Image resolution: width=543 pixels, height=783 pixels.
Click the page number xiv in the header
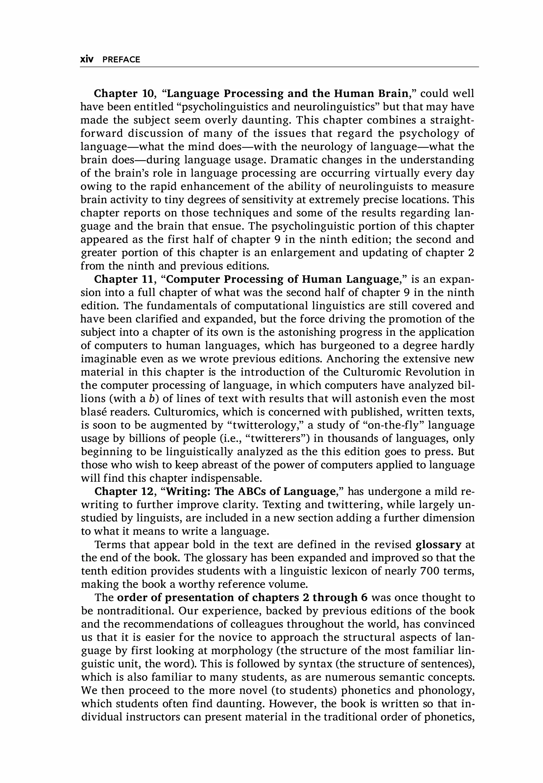click(87, 60)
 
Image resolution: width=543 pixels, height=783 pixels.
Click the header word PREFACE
click(121, 60)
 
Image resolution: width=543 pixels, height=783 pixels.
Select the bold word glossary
click(439, 545)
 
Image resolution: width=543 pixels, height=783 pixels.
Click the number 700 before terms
click(431, 571)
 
